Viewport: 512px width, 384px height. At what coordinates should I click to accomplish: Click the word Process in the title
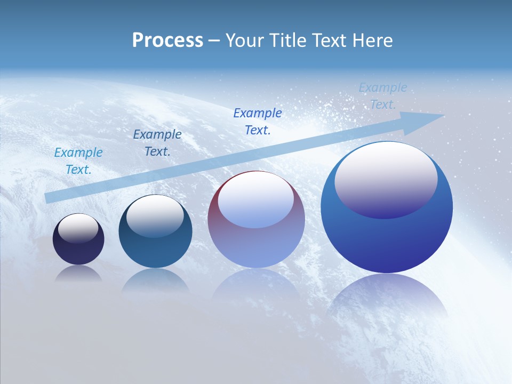167,40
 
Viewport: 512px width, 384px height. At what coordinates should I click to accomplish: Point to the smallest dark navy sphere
78,251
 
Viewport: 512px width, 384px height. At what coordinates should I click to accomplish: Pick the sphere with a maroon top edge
256,245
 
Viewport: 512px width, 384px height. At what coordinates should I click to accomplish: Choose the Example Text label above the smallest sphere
78,161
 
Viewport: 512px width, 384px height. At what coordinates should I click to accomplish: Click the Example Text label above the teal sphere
157,143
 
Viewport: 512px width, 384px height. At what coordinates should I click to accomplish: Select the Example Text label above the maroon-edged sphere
258,122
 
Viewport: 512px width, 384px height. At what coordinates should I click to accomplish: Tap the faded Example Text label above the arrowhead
383,96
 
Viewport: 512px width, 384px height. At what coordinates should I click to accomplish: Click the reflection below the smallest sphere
78,274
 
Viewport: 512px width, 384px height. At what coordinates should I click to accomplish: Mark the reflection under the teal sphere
155,280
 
